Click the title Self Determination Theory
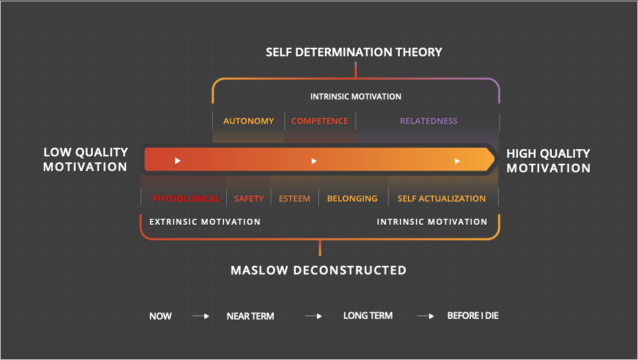354,52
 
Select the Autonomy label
249,121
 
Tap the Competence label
320,121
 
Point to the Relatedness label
428,121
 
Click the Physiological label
186,199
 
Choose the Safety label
249,199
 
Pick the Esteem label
294,199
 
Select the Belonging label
352,199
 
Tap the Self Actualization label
442,199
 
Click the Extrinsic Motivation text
205,222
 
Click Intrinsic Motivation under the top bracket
355,97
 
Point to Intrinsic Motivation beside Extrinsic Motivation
432,222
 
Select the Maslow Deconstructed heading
318,270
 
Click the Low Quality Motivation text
86,160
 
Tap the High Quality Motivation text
548,160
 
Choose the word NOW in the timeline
160,316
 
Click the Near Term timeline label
250,316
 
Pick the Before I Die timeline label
473,316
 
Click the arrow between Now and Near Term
201,316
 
